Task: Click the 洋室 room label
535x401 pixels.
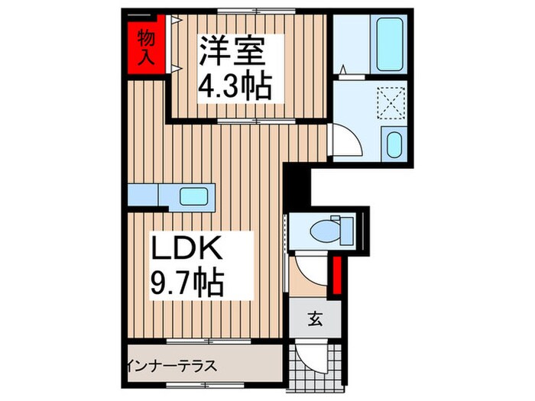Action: point(232,53)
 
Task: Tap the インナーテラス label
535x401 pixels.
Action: point(173,364)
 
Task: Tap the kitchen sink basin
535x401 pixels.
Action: point(196,196)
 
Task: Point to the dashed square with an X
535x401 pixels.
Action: point(394,104)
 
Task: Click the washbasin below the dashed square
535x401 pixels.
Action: point(394,144)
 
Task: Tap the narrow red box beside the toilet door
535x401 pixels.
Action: point(336,276)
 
